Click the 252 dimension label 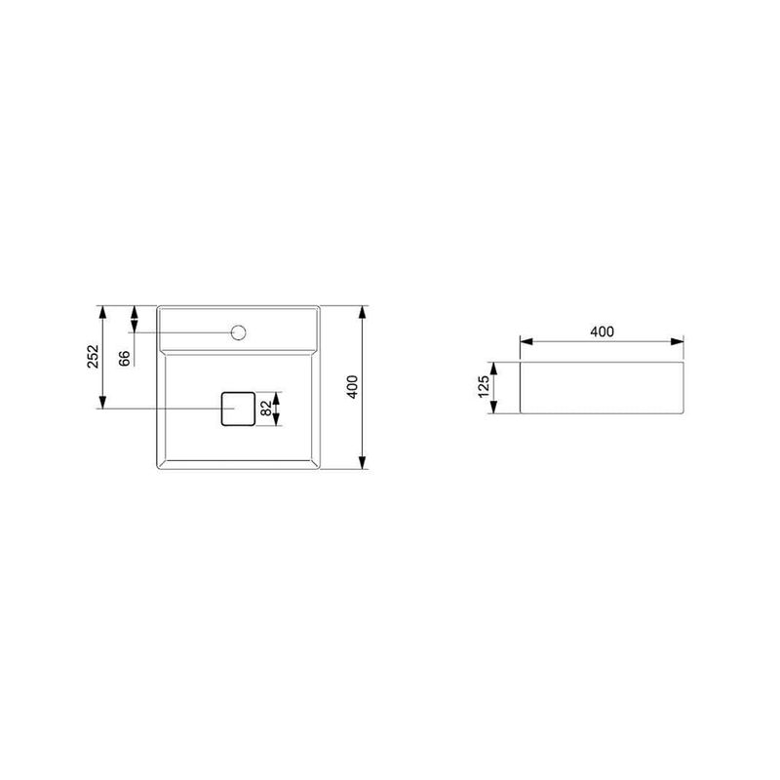93,356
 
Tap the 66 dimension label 125,358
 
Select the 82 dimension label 266,409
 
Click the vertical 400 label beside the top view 352,387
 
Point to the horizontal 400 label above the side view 602,331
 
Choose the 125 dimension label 484,387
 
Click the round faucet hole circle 239,332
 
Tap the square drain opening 238,409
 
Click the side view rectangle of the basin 602,387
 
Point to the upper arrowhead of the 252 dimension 103,312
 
